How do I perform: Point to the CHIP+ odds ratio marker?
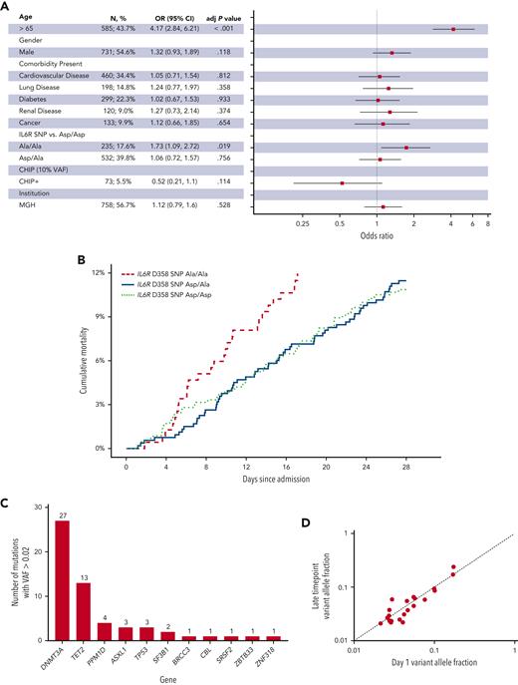coord(343,183)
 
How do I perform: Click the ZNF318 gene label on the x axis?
coord(276,660)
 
